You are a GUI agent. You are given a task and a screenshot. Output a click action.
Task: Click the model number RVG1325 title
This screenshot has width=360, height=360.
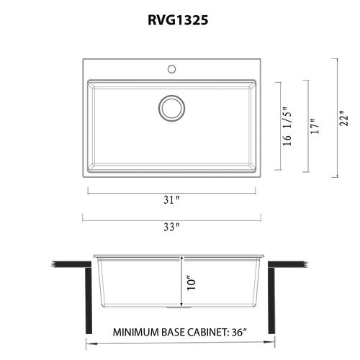(178, 20)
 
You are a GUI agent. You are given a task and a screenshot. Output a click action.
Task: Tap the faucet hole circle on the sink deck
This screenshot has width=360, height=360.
(171, 69)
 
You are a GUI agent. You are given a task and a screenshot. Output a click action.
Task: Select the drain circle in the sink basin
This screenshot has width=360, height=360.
(171, 108)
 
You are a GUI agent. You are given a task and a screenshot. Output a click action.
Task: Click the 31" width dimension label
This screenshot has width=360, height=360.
(171, 199)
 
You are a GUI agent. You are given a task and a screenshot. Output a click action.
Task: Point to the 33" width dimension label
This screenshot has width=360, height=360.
(171, 227)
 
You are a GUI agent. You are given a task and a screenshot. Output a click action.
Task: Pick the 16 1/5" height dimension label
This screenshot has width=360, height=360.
(287, 126)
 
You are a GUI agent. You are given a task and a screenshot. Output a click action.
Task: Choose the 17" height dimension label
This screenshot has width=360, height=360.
(315, 126)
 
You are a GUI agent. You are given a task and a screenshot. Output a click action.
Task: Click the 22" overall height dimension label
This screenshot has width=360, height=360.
(343, 118)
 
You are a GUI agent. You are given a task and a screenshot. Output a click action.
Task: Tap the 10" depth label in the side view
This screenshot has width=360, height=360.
(192, 284)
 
